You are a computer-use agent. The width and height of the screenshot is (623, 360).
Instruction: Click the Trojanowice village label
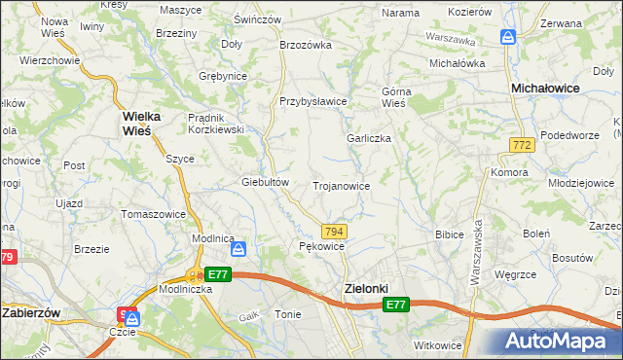(x=340, y=185)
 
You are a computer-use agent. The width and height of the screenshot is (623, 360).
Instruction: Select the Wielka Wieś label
(x=148, y=125)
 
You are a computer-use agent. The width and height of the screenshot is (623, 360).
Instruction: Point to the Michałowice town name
(x=546, y=88)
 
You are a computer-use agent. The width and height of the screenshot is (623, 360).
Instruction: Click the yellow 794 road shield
(x=334, y=231)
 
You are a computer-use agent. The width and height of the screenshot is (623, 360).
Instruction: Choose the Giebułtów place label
(x=266, y=182)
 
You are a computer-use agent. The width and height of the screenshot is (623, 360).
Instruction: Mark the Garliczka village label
(x=369, y=138)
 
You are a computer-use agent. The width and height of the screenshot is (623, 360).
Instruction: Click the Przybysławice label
(x=313, y=101)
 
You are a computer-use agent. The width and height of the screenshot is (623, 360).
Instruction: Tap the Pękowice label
(x=321, y=247)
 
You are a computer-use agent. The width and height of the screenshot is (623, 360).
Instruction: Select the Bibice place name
(x=449, y=234)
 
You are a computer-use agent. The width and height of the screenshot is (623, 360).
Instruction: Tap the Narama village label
(x=400, y=13)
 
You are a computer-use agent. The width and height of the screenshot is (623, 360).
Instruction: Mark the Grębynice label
(x=222, y=76)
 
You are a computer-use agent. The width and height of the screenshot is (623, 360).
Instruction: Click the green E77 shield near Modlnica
(x=218, y=275)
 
